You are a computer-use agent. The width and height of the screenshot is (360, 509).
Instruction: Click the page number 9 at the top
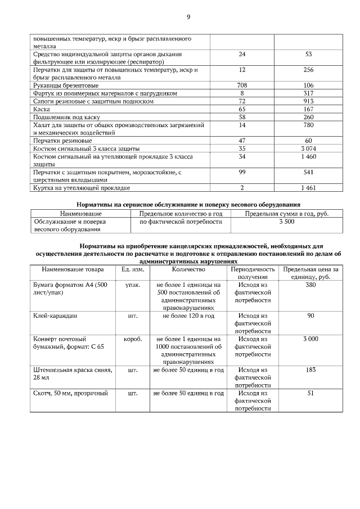coord(188,17)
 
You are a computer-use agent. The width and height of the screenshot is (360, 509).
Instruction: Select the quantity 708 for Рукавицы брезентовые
coord(242,85)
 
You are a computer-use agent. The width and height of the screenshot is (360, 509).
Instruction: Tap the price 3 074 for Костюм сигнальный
coord(308,148)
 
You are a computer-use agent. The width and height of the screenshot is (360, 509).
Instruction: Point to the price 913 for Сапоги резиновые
coord(308,101)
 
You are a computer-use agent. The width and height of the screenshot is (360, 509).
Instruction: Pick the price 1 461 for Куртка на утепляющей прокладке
coord(308,187)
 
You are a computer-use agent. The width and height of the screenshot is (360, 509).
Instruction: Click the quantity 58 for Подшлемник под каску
coord(242,116)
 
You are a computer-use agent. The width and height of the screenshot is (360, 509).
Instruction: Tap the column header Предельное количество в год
coord(181,214)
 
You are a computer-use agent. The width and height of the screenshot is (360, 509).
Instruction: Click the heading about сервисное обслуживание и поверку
coord(188,204)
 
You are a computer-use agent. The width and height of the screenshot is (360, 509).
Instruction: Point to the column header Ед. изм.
coord(133,269)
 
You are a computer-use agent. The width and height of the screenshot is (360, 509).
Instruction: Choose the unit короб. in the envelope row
coord(133,339)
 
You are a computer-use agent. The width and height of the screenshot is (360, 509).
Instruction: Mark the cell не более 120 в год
coord(188,316)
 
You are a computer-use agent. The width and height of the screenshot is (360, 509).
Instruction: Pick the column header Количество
coord(188,269)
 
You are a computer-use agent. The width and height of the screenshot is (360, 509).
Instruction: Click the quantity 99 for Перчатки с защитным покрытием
coord(242,172)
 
